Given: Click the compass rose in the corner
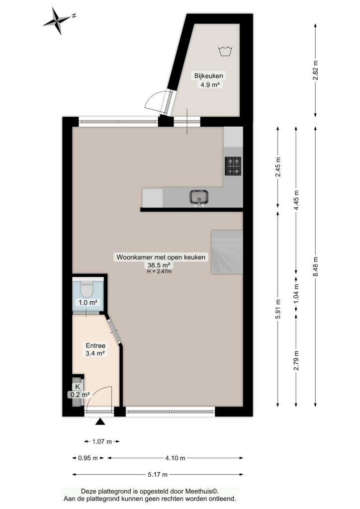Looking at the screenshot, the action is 58,21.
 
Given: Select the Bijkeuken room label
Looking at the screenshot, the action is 209,76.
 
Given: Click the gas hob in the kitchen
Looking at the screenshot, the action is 233,166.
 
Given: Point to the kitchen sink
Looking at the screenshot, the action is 199,198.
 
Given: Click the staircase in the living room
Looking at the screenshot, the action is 227,252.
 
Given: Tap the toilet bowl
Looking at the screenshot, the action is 87,289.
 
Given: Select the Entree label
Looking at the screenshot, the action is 95,346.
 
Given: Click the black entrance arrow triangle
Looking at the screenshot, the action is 100,422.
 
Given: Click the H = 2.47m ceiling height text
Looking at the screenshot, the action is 159,272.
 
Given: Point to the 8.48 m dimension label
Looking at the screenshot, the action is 316,266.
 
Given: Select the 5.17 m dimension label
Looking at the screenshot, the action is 158,475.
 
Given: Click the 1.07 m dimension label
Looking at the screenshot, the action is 102,441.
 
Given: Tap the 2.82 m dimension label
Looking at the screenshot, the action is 316,71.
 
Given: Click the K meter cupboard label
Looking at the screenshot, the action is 77,387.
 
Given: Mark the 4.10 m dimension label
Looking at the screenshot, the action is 176,458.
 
